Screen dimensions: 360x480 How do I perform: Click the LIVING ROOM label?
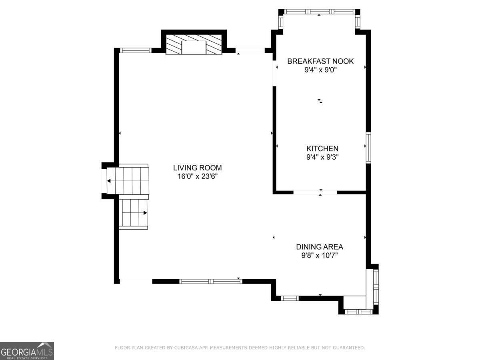coord(197,168)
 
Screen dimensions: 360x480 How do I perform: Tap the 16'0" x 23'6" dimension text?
coord(197,176)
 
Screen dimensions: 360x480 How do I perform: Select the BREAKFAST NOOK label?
coord(320,61)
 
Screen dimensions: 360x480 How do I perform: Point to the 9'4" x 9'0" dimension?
coord(320,70)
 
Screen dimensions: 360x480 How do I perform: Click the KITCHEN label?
coord(322,149)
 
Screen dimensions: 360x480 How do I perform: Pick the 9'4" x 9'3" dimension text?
coord(322,157)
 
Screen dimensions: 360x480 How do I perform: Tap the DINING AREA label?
coord(319,247)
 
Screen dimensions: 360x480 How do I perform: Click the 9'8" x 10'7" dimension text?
coord(319,255)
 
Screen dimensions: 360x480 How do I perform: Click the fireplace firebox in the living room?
coord(194,48)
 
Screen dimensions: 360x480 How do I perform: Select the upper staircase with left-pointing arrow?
coord(128,181)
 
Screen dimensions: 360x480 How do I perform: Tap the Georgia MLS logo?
coord(27,351)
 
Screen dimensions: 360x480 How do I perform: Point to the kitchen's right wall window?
coord(368,148)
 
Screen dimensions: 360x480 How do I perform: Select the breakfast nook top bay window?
coord(319,12)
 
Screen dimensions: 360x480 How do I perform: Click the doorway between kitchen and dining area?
coord(315,192)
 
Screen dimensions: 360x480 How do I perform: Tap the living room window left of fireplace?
coord(136,50)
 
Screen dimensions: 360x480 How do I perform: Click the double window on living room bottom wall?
coord(211,281)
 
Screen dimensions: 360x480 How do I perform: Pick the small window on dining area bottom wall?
coord(290,298)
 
